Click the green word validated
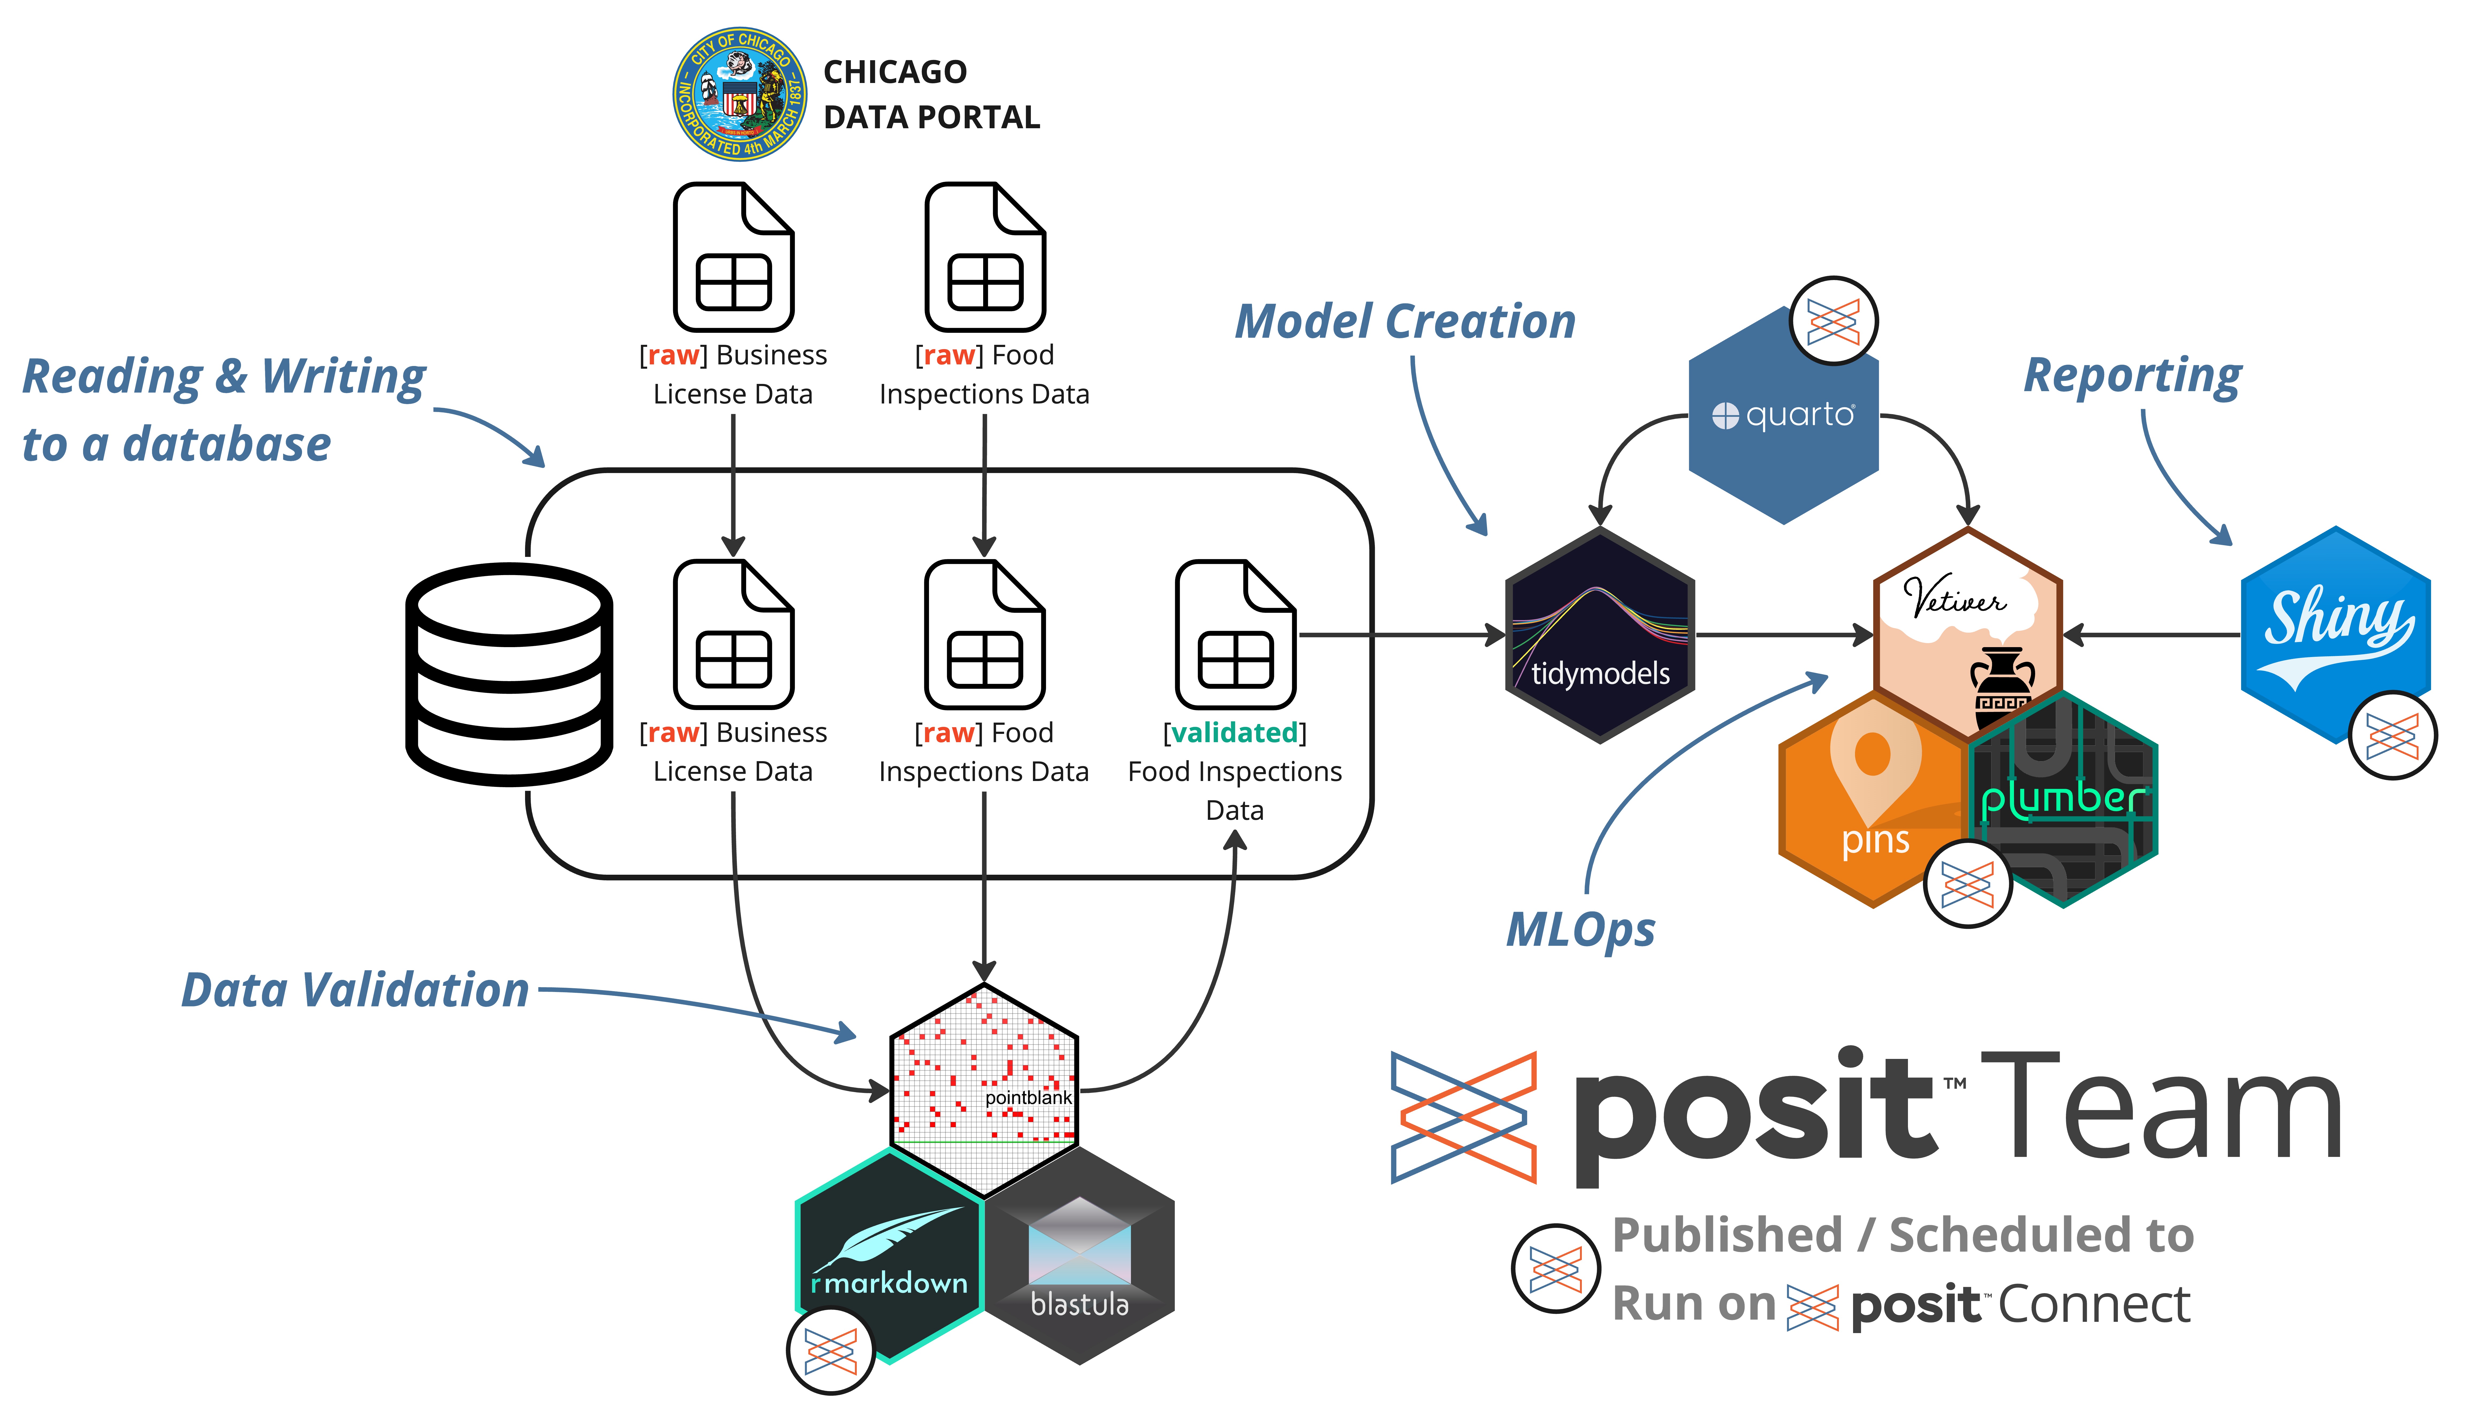(x=1234, y=733)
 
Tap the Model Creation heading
(x=1404, y=322)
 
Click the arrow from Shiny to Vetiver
(x=2153, y=636)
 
